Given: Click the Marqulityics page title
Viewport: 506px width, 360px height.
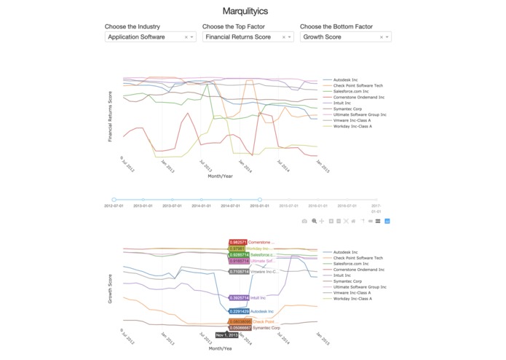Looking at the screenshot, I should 253,11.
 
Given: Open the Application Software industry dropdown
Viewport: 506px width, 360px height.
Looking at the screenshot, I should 150,36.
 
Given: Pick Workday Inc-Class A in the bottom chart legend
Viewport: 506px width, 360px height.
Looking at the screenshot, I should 352,299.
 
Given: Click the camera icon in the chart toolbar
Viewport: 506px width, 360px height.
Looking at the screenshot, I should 304,221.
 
